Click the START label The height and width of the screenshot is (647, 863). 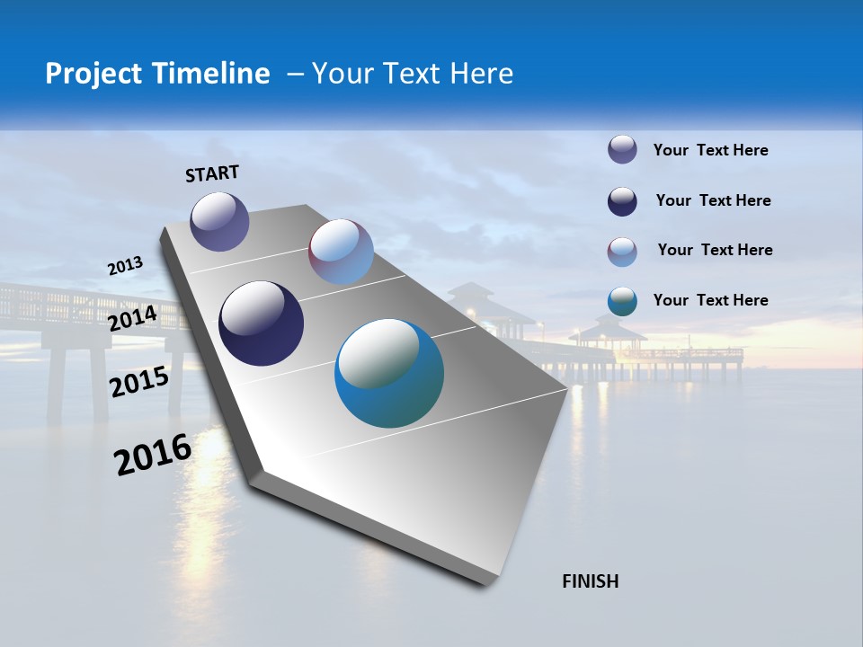coord(212,173)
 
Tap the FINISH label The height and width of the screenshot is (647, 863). coord(590,581)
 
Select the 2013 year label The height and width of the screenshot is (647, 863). coord(125,266)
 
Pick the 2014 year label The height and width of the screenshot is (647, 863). coord(133,318)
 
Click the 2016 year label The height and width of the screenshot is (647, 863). coord(153,454)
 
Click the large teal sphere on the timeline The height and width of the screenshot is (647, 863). coord(389,373)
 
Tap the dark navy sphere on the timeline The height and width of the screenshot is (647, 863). coord(261,323)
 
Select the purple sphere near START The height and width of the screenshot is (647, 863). coord(219,221)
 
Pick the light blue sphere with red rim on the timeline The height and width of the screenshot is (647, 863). coord(341,252)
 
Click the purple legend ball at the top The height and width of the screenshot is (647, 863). coord(622,149)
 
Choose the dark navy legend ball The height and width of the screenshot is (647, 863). coord(622,200)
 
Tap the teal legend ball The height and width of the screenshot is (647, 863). coord(622,301)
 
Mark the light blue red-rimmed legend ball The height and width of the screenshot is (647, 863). coord(622,251)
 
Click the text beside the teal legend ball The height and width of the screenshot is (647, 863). coord(710,300)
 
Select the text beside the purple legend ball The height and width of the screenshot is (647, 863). coord(710,150)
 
